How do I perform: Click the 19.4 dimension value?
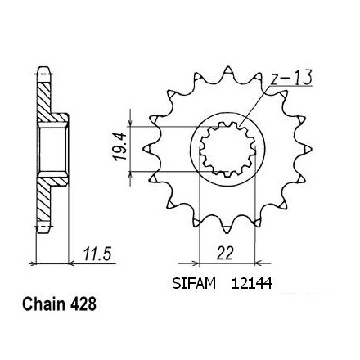pos(120,146)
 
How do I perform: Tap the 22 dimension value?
pos(225,254)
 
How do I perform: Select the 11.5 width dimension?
pos(97,254)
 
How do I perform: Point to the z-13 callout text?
pos(291,78)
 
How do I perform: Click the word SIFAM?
pos(194,284)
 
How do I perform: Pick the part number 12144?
pos(252,284)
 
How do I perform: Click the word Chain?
pos(43,304)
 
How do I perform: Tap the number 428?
pos(83,304)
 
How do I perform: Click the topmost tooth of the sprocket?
pos(227,70)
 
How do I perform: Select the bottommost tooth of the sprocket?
pos(227,229)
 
